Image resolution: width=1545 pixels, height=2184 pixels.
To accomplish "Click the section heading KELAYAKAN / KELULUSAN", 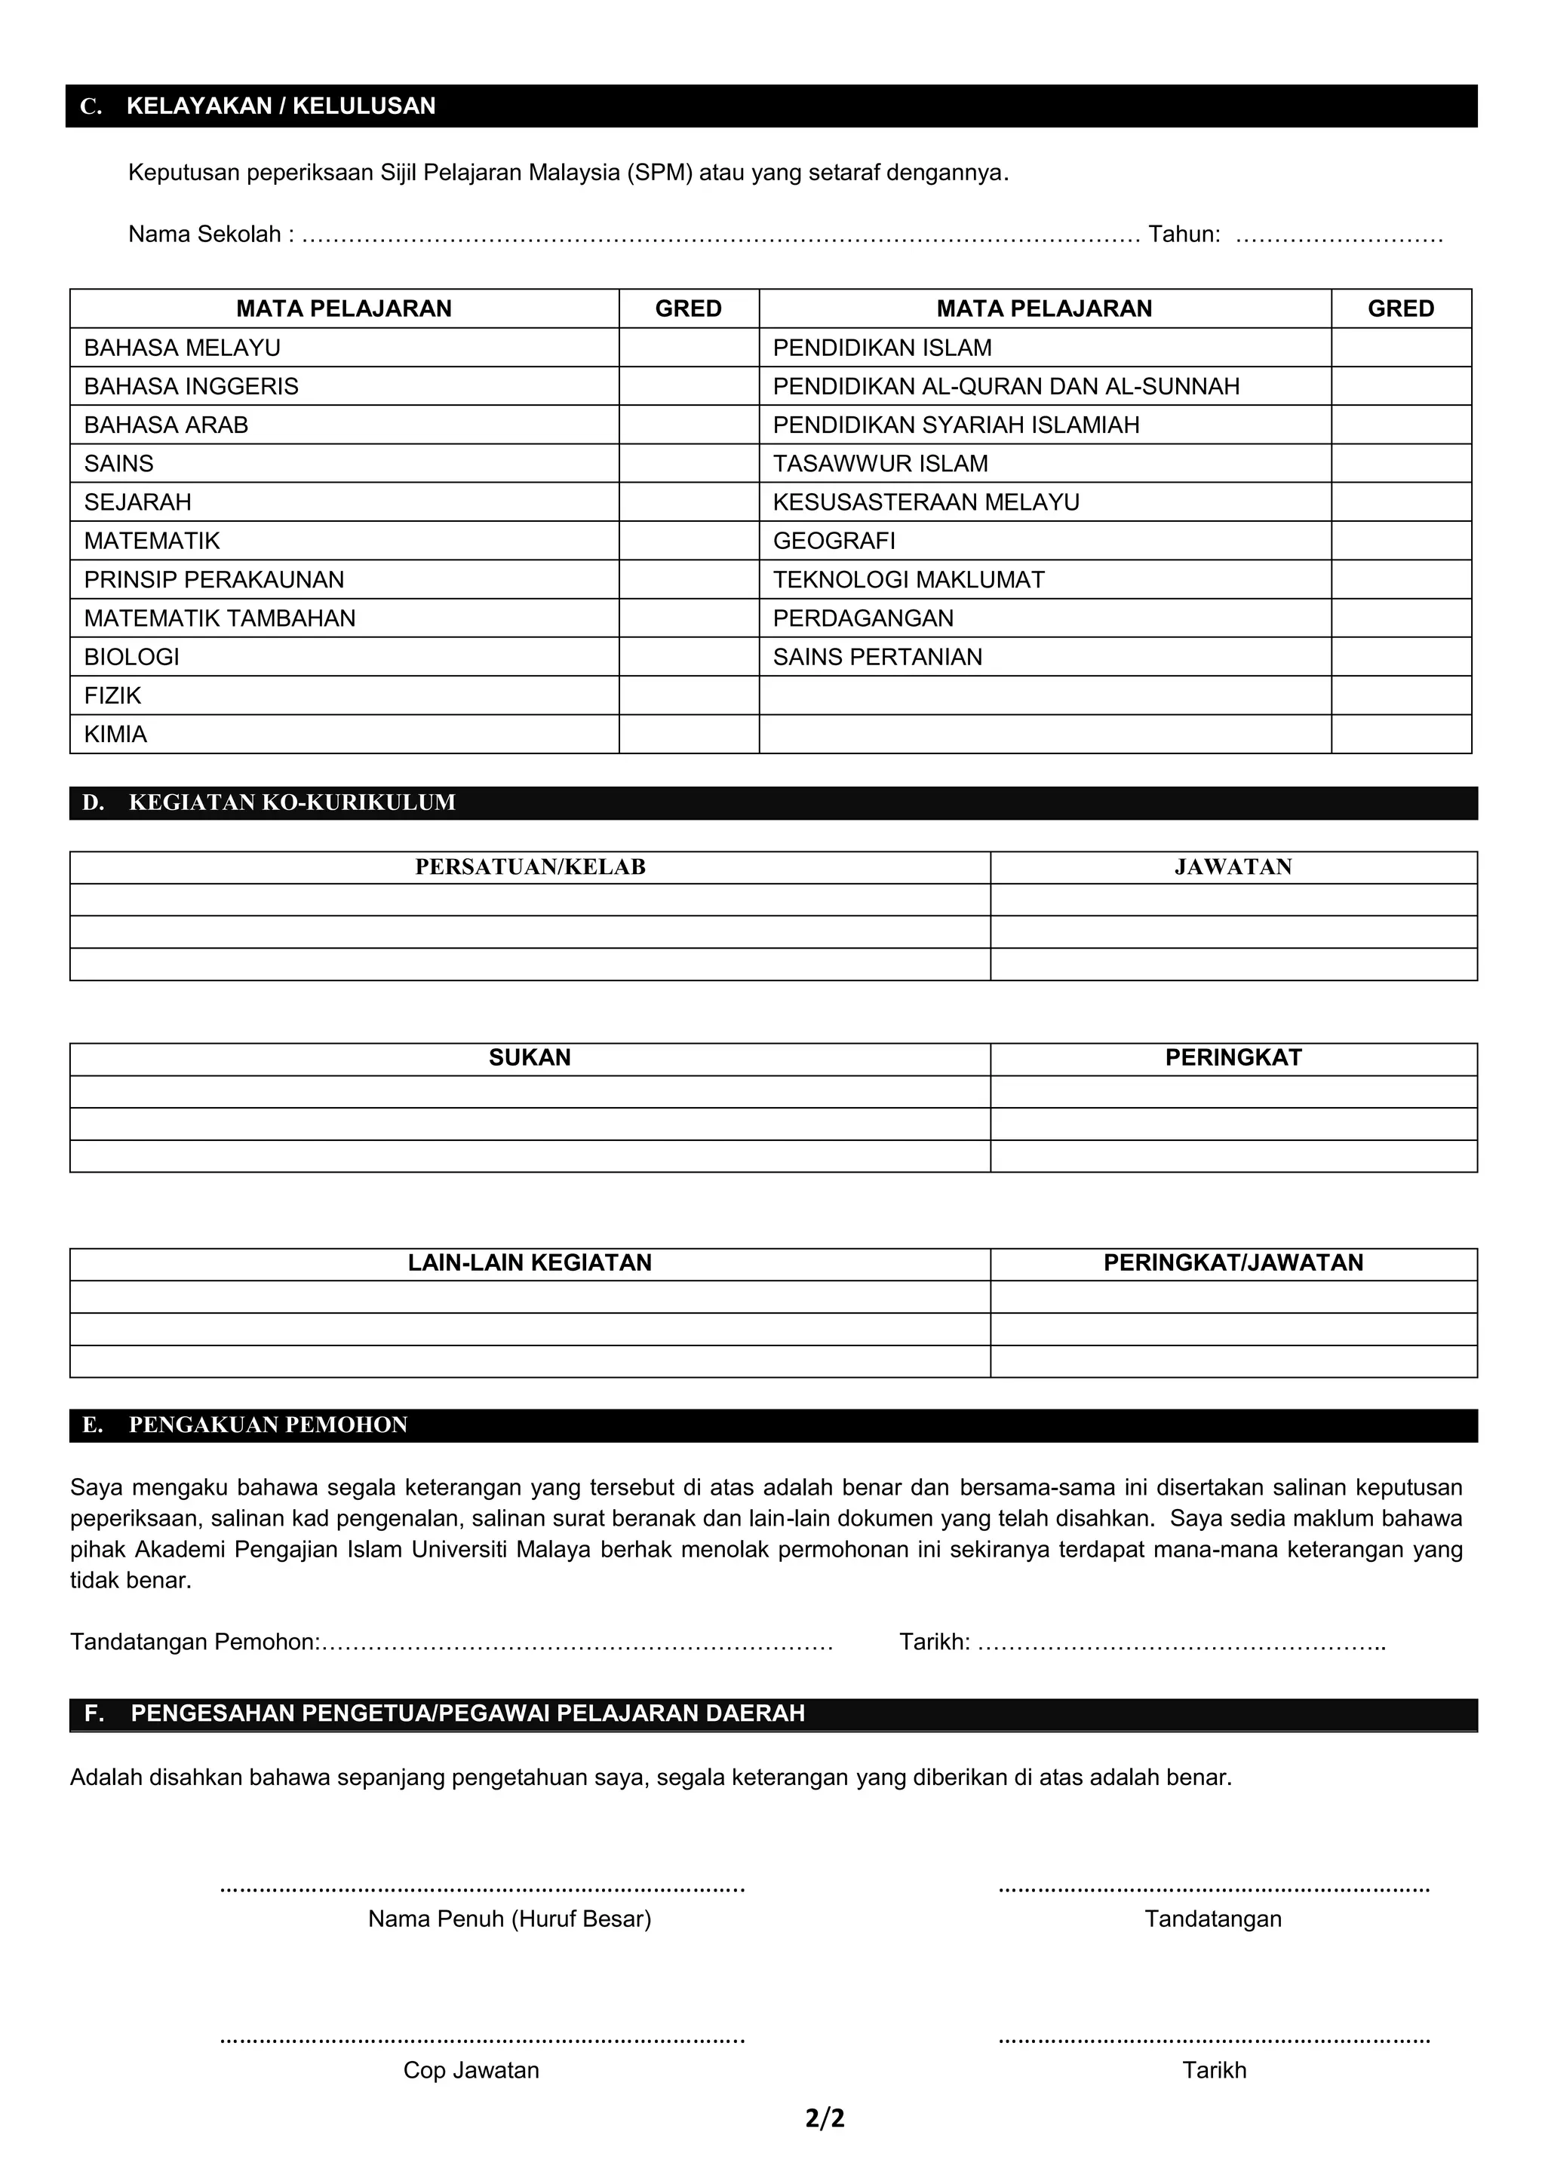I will click(x=281, y=106).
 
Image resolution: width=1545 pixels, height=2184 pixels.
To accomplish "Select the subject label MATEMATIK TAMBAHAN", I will click(x=220, y=618).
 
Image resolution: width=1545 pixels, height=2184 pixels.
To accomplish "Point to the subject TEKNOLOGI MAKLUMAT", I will click(x=908, y=579).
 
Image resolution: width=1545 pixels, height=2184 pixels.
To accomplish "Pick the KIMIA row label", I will click(x=115, y=735).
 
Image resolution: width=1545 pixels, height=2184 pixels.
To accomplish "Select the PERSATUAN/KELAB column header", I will click(x=530, y=867).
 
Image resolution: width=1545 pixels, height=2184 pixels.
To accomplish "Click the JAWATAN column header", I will click(x=1233, y=867).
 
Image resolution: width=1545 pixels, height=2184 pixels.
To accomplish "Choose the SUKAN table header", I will click(x=530, y=1058).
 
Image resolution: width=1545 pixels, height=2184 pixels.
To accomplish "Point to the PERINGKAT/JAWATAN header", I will click(x=1233, y=1262).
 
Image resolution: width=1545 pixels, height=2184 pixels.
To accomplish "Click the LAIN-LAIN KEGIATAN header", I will click(x=530, y=1262).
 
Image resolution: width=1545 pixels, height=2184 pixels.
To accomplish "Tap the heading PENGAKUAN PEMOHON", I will click(x=269, y=1425).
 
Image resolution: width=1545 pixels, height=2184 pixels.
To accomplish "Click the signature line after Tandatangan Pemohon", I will click(x=576, y=1643).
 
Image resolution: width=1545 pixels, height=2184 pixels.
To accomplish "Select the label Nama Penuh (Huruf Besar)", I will click(x=509, y=1919).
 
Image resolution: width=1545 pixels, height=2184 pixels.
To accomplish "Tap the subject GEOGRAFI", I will click(x=834, y=541).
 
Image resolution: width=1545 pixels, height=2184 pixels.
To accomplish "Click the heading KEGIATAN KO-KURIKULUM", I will click(x=292, y=803).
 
